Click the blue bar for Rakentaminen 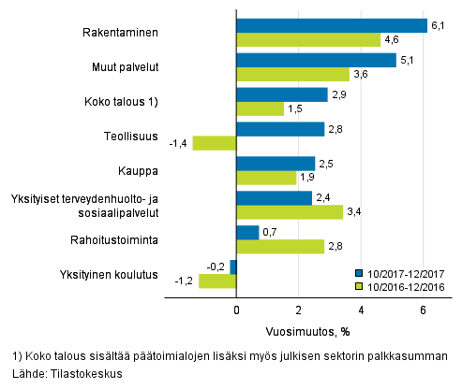click(x=331, y=26)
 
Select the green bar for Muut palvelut click(x=292, y=74)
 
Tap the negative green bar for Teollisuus click(x=215, y=143)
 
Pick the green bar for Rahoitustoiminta click(x=279, y=246)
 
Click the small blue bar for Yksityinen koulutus click(x=233, y=267)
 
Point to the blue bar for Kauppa click(x=275, y=164)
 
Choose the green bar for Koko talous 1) click(x=260, y=108)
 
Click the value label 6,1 click(x=437, y=25)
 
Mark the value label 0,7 click(x=268, y=232)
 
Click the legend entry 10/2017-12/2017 click(x=400, y=274)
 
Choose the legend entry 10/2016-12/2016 click(x=400, y=288)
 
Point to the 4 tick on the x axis click(x=361, y=310)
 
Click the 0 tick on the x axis click(x=236, y=310)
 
